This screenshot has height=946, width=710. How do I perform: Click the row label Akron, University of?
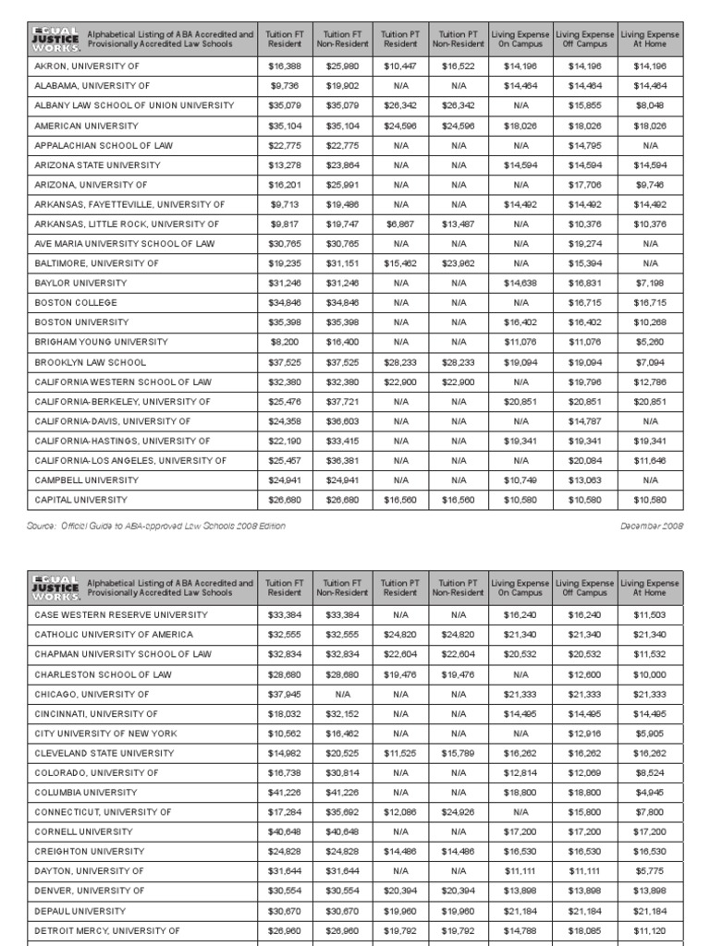pyautogui.click(x=84, y=67)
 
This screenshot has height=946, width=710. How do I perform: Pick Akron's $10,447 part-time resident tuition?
pyautogui.click(x=400, y=67)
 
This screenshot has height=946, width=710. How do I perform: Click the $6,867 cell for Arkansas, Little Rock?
pyautogui.click(x=400, y=224)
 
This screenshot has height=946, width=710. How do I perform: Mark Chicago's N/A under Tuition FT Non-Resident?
pyautogui.click(x=342, y=694)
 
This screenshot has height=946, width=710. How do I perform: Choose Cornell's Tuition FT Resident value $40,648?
pyautogui.click(x=282, y=832)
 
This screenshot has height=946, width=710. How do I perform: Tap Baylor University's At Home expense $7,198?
pyautogui.click(x=650, y=284)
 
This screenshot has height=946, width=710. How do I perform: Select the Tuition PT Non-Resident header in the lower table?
pyautogui.click(x=459, y=588)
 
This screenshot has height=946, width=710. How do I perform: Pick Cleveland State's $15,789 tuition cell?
pyautogui.click(x=459, y=753)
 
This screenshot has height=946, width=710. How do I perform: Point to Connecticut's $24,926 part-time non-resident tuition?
pyautogui.click(x=459, y=812)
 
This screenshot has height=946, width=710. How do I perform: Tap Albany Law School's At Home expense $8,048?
pyautogui.click(x=650, y=106)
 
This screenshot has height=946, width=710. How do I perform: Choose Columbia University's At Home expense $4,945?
pyautogui.click(x=650, y=793)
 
